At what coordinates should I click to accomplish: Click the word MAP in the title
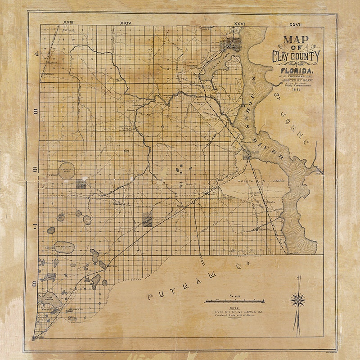(296, 39)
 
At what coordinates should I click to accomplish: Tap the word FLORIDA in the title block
(295, 71)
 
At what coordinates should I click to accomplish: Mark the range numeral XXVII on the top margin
(295, 22)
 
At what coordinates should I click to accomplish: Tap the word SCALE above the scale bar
(235, 296)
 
